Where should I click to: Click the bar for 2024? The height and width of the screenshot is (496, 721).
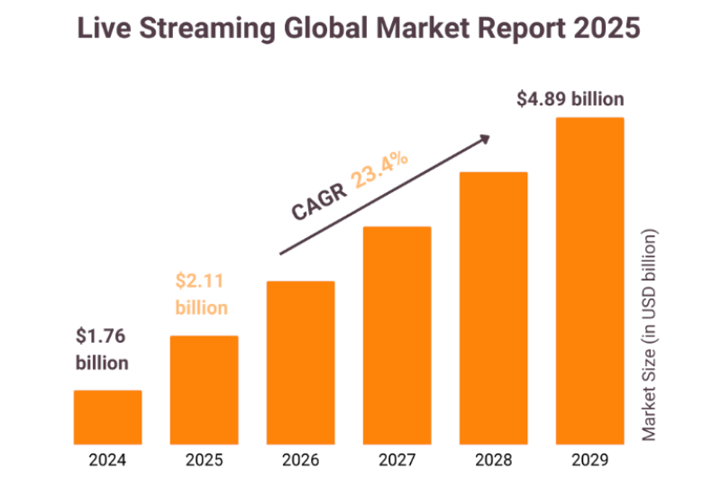coord(108,417)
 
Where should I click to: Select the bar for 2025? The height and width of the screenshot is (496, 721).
coord(205,390)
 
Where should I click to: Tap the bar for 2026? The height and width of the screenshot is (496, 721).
coord(301,363)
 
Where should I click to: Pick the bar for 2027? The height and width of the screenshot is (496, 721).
coord(397,335)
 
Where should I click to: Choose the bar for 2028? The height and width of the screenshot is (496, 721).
coord(494,308)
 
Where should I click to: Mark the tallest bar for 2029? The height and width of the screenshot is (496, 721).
coord(590,280)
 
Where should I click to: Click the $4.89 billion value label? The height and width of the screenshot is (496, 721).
coord(570,98)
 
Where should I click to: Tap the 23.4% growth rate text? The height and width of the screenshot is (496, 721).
coord(379,170)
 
